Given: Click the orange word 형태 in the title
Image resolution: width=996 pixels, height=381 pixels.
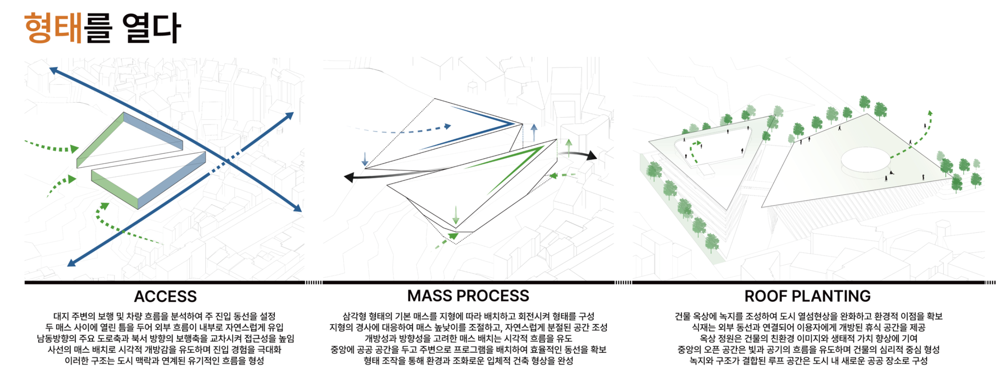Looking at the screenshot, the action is point(53,28).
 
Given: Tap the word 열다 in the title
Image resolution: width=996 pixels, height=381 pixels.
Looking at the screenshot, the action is point(152,28).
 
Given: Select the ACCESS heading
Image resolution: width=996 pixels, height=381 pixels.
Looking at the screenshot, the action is point(165,296).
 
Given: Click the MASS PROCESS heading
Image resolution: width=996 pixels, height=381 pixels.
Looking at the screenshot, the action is point(468,296).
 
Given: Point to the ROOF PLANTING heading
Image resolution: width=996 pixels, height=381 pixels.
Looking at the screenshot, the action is point(808,296).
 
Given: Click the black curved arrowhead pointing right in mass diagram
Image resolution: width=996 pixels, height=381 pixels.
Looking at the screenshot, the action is point(591,155).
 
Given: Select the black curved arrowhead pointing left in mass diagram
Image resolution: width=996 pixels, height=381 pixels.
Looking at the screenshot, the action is point(350,177).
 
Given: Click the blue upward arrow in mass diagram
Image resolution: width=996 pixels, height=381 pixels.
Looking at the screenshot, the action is point(534,132).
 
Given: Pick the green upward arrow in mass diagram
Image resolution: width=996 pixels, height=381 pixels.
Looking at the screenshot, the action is point(569,148).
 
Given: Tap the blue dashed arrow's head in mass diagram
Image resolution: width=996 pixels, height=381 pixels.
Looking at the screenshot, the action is point(448,126).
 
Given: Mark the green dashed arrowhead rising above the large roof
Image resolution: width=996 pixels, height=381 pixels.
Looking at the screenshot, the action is point(930,113).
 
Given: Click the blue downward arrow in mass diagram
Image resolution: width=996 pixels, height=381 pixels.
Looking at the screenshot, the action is point(365,159).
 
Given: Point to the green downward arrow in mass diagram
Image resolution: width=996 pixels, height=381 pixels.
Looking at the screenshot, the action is point(456,216).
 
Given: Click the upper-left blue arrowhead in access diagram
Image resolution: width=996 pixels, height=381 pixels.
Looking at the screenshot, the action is point(53,70).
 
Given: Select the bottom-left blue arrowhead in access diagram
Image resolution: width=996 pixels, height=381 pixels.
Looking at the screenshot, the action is point(72,263).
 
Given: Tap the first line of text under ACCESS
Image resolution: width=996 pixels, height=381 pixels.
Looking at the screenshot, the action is point(164,316).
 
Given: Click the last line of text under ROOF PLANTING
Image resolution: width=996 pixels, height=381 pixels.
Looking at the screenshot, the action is point(808,361).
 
